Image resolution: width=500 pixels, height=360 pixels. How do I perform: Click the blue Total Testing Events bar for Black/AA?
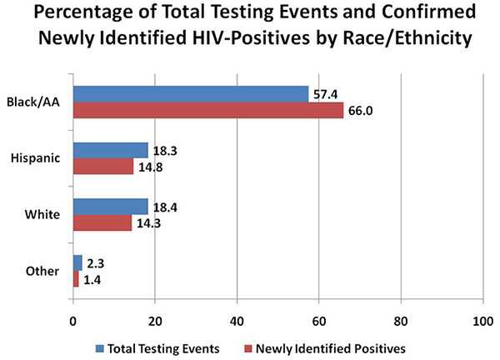190,94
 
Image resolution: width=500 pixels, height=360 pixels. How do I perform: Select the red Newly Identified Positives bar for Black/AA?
208,110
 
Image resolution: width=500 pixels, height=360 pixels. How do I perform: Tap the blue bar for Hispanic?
110,150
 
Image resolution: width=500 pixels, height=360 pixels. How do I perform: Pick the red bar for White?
102,222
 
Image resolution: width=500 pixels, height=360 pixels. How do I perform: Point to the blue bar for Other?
77,262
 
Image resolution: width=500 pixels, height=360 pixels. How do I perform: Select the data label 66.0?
359,111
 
